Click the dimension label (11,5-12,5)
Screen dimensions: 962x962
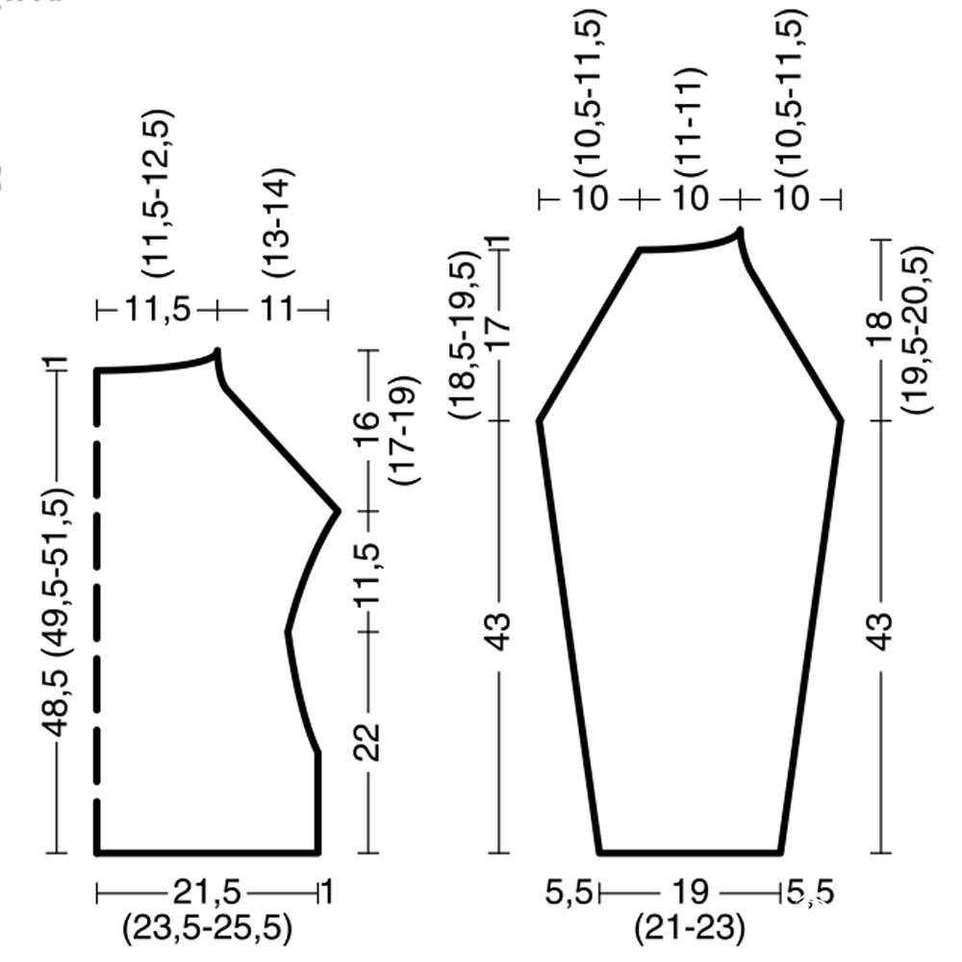tap(158, 193)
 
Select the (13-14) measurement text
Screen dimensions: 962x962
tap(278, 222)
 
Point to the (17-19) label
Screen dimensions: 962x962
tap(405, 430)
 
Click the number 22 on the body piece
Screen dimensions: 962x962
tap(367, 743)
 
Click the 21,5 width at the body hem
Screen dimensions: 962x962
tap(208, 892)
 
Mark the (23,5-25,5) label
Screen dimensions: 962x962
tap(207, 927)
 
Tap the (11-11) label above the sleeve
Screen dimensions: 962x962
tap(690, 122)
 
